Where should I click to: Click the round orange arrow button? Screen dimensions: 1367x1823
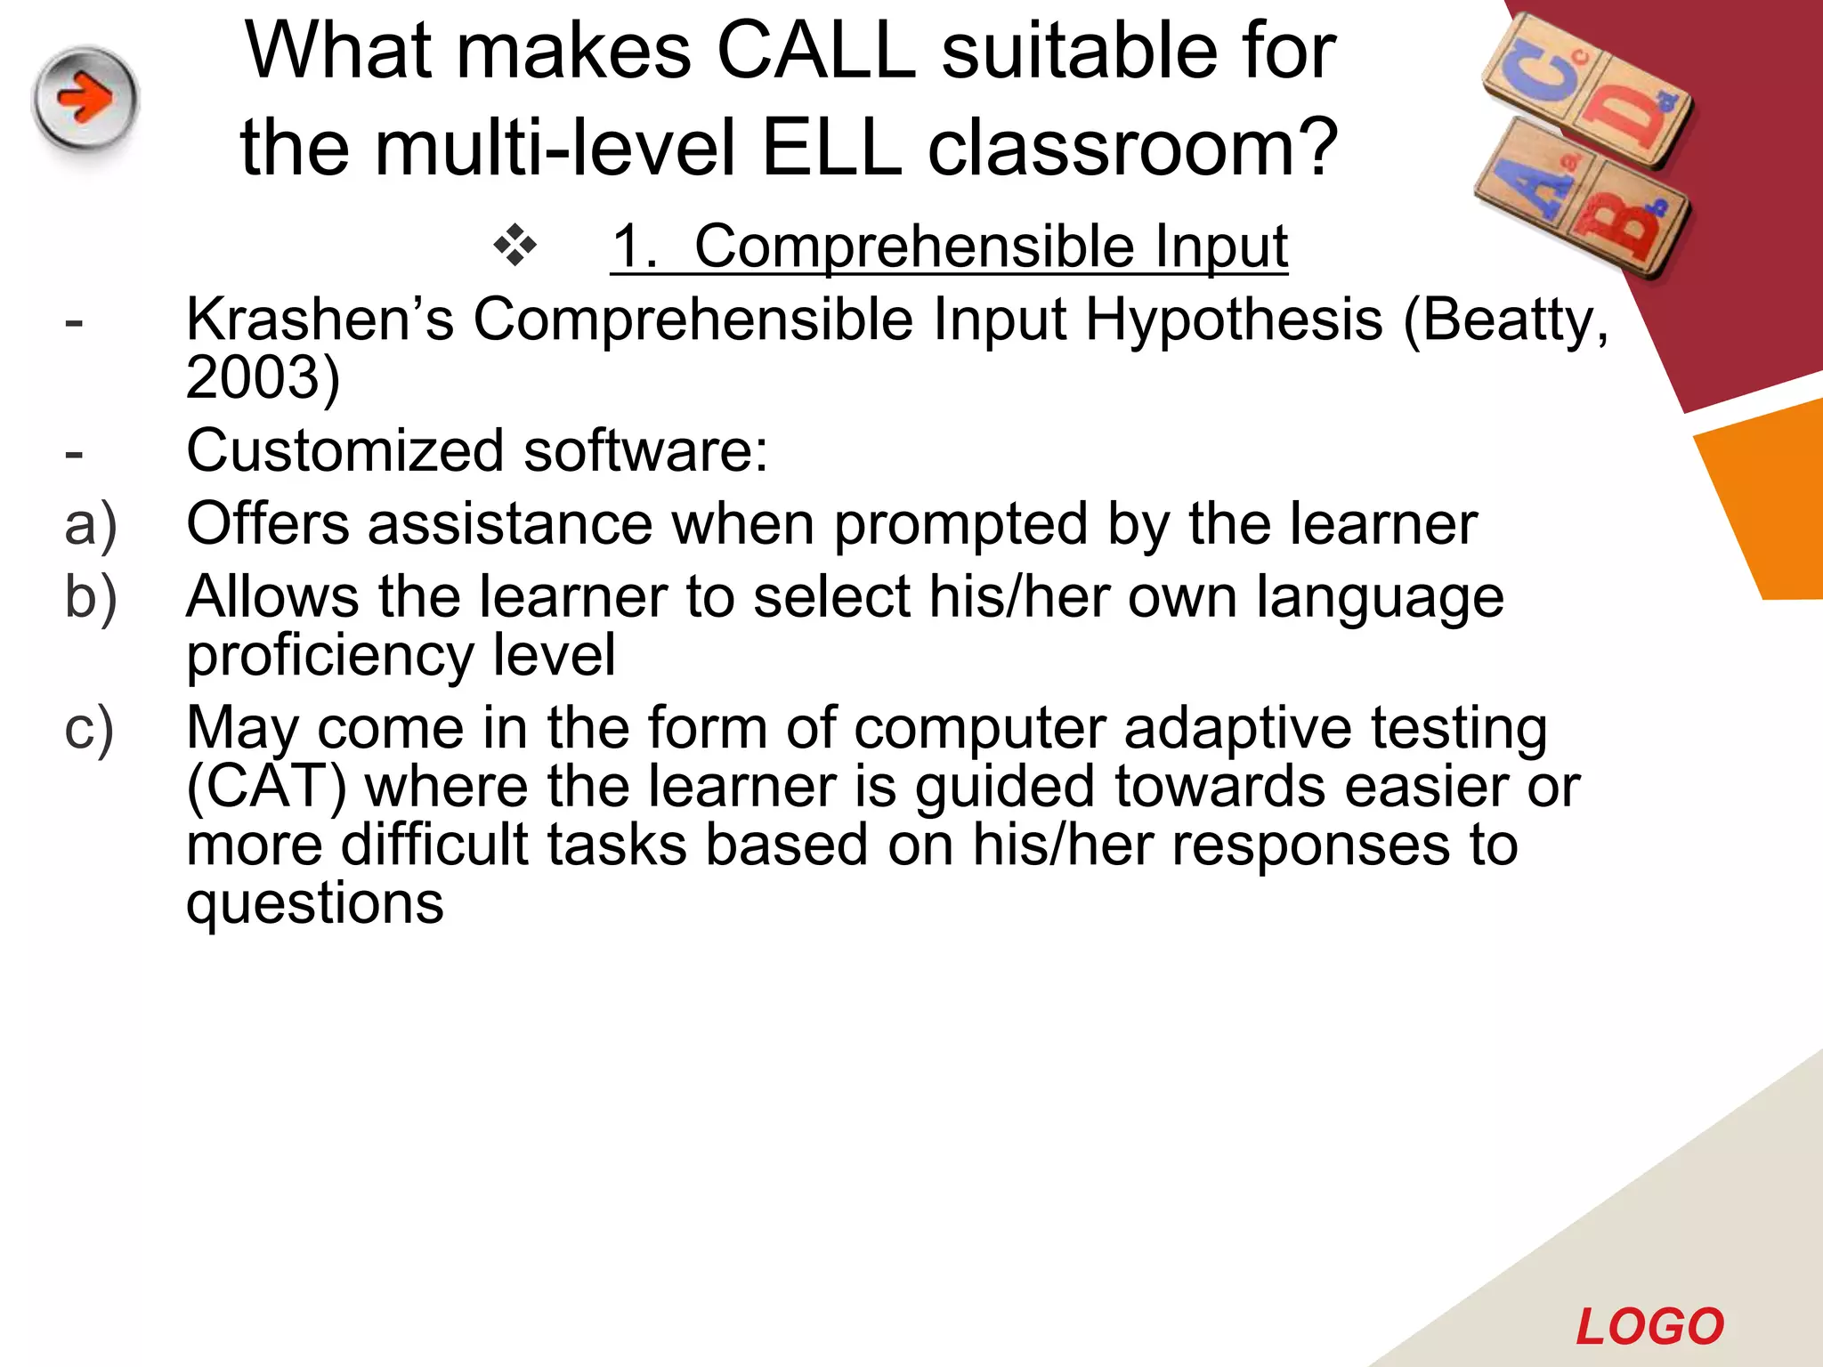[x=85, y=98]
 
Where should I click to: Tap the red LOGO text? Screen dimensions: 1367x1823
[x=1649, y=1327]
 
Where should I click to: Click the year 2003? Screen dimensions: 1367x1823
[x=252, y=377]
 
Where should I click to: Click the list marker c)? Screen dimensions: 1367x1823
[x=89, y=729]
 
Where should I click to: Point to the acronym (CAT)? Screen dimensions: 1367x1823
[x=266, y=787]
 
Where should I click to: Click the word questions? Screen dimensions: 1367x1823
[x=314, y=904]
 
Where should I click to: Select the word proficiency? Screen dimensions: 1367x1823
[x=329, y=657]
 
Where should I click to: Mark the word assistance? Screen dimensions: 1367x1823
[x=510, y=524]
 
